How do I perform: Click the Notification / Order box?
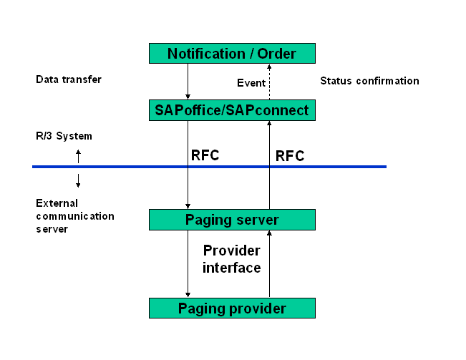click(x=232, y=53)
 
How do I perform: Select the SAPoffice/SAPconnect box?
click(x=232, y=110)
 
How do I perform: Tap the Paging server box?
click(x=232, y=220)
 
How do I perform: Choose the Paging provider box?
click(x=232, y=308)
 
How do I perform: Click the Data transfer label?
click(x=69, y=79)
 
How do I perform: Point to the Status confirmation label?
click(x=369, y=81)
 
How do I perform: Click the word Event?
click(x=251, y=83)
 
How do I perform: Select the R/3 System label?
click(x=64, y=136)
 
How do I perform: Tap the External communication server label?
click(x=75, y=215)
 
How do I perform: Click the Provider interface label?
click(x=232, y=259)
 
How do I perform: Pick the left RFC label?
click(x=205, y=155)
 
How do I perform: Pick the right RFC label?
click(x=290, y=155)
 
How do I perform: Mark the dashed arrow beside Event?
click(x=270, y=82)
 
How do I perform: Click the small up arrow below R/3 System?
click(x=78, y=155)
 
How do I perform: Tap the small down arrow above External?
click(x=78, y=180)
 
